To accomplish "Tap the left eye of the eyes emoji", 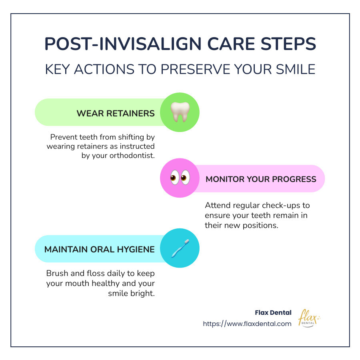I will (174, 178).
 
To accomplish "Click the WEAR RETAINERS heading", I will (116, 113).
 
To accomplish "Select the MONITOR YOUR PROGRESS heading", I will (261, 179).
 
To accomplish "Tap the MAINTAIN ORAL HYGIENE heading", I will (99, 249).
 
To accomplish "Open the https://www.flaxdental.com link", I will (247, 324).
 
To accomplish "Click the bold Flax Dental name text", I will (273, 312).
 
